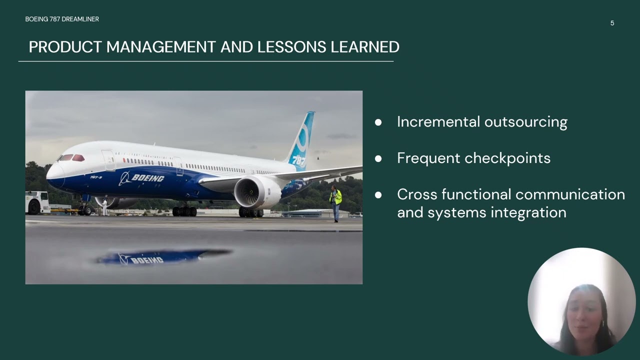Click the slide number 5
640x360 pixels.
tap(612, 23)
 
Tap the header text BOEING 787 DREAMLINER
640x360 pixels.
tap(62, 19)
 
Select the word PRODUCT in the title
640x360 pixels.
tap(65, 47)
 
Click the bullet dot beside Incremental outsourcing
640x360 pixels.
tap(378, 122)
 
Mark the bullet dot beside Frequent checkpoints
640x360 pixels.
tap(378, 158)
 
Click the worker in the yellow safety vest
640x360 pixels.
tap(335, 200)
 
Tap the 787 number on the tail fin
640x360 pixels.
tap(298, 160)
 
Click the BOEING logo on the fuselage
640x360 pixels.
tap(142, 178)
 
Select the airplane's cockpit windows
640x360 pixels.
tap(72, 158)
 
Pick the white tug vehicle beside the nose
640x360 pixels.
tap(37, 202)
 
